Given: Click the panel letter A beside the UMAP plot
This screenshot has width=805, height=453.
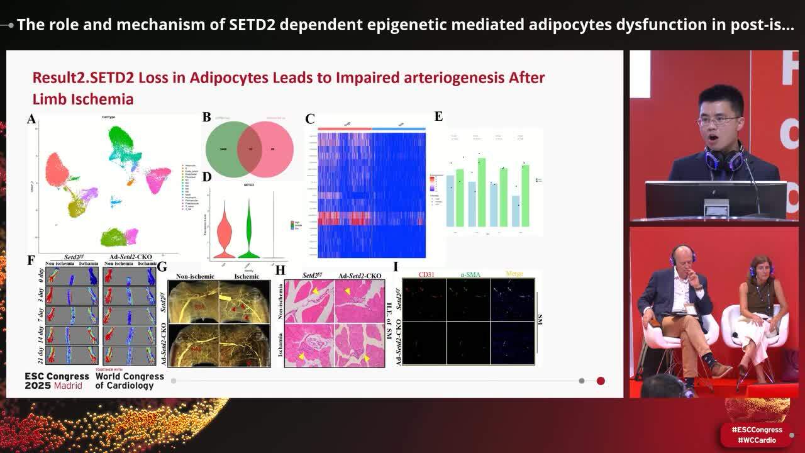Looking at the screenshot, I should coord(31,119).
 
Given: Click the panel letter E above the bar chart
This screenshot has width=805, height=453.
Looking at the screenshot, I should coord(438,116).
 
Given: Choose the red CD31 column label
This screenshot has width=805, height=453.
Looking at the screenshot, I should coord(426,274).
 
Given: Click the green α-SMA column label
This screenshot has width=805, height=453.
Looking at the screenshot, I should coord(469,274).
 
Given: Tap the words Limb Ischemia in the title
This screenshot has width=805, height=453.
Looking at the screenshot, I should coord(82,99).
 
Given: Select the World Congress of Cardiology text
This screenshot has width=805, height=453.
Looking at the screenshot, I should coord(130,381).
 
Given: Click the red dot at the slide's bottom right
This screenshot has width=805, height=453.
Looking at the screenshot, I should coord(601,381).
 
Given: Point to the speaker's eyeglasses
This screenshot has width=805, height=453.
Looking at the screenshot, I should coord(718,120).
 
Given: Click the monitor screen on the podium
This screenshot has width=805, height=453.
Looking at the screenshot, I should coord(715,199).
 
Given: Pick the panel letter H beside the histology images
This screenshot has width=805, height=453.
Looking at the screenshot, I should coord(280,271).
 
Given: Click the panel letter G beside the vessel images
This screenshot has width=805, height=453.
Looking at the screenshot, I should coord(162,267).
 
